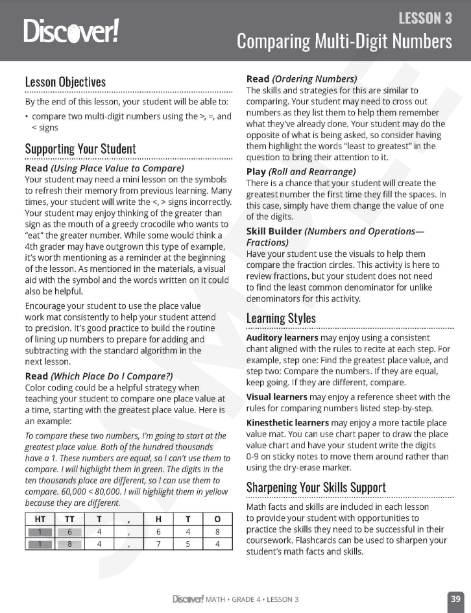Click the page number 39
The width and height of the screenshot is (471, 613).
pos(455,598)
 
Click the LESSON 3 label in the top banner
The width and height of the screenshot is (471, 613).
pos(425,18)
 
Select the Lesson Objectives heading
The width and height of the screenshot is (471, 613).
pos(65,82)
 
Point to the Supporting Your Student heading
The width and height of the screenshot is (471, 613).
pos(80,149)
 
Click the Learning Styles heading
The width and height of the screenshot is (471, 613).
pos(281,319)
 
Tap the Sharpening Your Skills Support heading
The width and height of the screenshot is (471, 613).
pos(316,487)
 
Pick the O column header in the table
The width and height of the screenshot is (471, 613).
pos(216,518)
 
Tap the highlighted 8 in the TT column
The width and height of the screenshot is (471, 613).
pos(69,544)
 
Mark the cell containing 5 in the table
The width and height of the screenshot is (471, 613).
pos(187,544)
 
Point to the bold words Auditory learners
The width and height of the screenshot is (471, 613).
pos(282,338)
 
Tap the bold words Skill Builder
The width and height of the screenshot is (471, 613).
pos(274,231)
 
